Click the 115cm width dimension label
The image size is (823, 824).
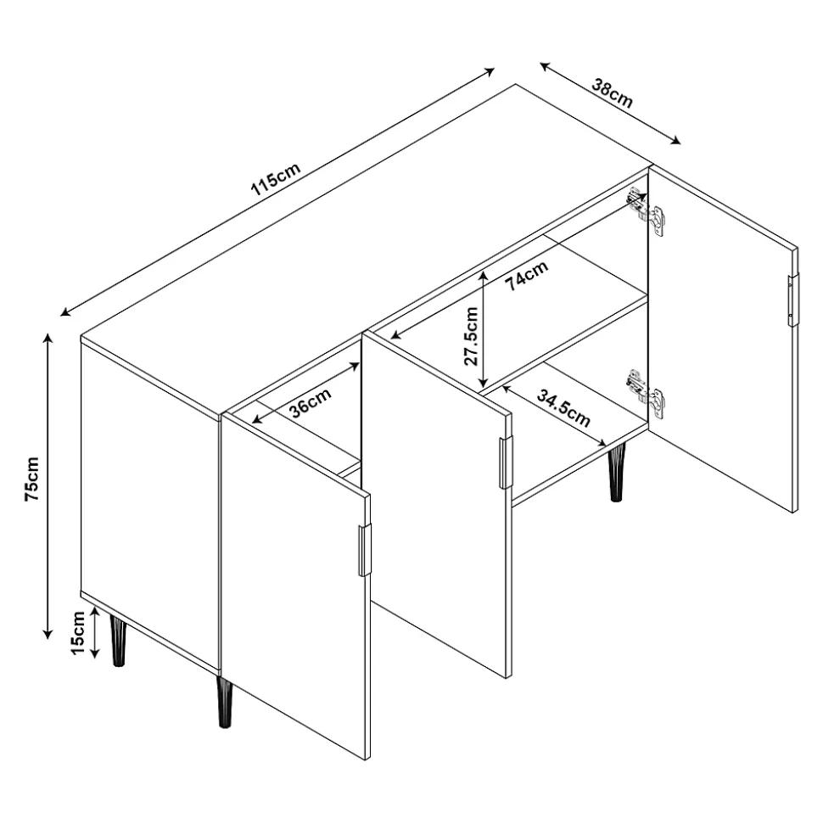(x=276, y=179)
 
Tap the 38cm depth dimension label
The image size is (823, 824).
(x=613, y=93)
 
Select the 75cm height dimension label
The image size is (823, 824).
(x=32, y=479)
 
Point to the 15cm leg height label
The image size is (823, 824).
(x=78, y=633)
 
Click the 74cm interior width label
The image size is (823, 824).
(x=527, y=275)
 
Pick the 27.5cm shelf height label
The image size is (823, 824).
(x=471, y=336)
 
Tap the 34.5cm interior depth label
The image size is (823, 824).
(x=563, y=408)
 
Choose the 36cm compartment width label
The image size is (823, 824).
(x=311, y=402)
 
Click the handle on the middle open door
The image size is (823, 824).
(x=505, y=462)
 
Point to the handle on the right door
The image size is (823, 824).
(x=792, y=300)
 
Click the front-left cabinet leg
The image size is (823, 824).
(x=118, y=641)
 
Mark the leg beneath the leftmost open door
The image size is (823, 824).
(x=224, y=702)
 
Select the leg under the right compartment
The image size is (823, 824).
(x=617, y=472)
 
